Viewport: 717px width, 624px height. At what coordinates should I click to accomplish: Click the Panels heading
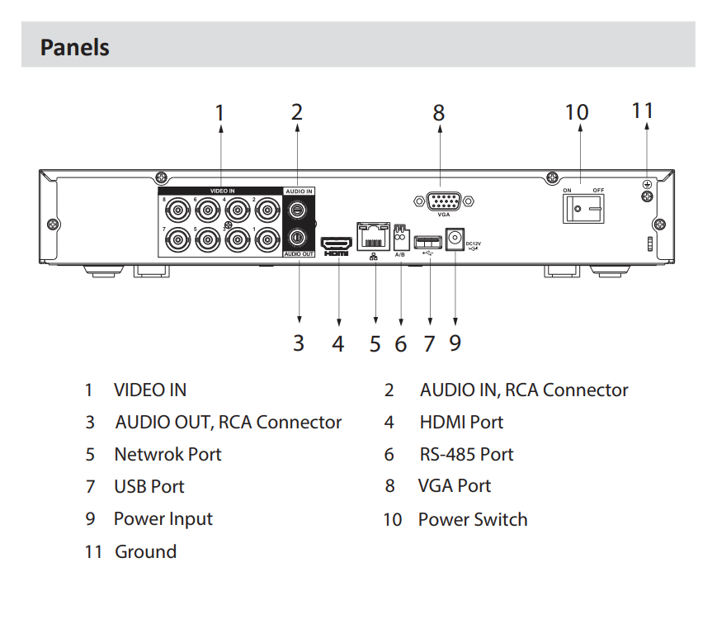point(75,46)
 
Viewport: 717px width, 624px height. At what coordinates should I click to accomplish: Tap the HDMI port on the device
point(336,243)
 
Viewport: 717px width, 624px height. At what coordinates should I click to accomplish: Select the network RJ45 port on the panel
point(374,237)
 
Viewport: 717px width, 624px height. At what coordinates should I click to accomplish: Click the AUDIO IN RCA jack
point(298,208)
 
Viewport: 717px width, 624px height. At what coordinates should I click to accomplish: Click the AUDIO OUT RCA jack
point(298,238)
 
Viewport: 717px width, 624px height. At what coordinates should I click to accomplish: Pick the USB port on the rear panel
point(428,241)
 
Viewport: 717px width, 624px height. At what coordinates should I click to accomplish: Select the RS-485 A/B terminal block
point(401,238)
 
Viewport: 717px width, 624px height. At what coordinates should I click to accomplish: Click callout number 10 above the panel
point(577,112)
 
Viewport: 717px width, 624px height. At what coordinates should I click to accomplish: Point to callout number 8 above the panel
point(439,112)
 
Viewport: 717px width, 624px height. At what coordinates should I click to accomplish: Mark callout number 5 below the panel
point(375,343)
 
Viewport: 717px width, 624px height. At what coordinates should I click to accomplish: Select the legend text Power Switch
point(473,519)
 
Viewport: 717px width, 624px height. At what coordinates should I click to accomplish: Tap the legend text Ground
point(145,551)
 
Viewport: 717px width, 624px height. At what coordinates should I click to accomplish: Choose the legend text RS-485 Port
point(466,454)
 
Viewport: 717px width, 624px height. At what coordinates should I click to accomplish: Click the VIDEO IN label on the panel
point(222,191)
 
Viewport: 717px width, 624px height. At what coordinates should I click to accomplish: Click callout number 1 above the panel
point(219,112)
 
